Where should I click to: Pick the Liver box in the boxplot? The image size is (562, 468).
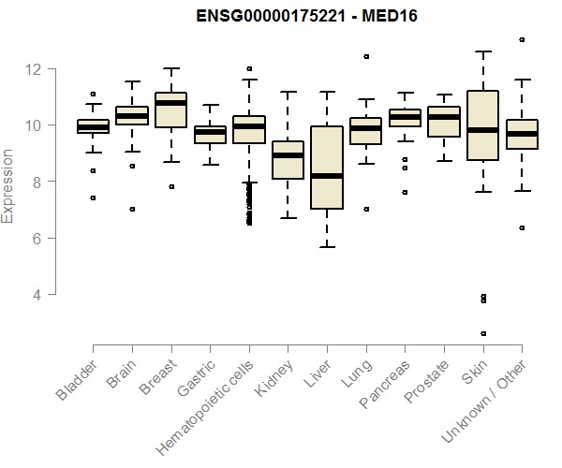(x=327, y=168)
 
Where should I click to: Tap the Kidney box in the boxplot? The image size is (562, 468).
(x=288, y=160)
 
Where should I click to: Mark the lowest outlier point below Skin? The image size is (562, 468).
(x=483, y=333)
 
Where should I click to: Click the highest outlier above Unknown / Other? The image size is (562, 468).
(x=522, y=39)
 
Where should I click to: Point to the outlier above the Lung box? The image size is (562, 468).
(x=366, y=56)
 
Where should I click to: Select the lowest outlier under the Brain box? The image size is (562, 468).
(x=131, y=209)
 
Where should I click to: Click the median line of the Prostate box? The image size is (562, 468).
(x=444, y=116)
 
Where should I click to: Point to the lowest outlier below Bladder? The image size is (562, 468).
(x=93, y=197)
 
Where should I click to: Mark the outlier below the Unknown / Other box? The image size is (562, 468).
(x=522, y=227)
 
